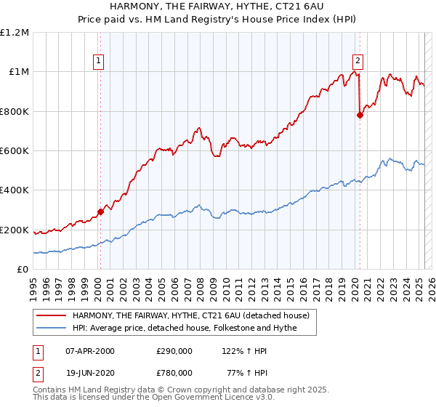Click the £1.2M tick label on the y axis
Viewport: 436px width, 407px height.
click(x=15, y=33)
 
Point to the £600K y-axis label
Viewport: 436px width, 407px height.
click(x=15, y=151)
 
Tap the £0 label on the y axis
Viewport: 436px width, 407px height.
click(x=23, y=270)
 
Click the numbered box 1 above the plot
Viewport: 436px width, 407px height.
click(x=99, y=62)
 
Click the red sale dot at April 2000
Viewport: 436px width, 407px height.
click(x=100, y=212)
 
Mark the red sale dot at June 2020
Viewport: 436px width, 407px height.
click(x=360, y=115)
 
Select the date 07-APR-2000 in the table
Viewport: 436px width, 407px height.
click(x=90, y=351)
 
